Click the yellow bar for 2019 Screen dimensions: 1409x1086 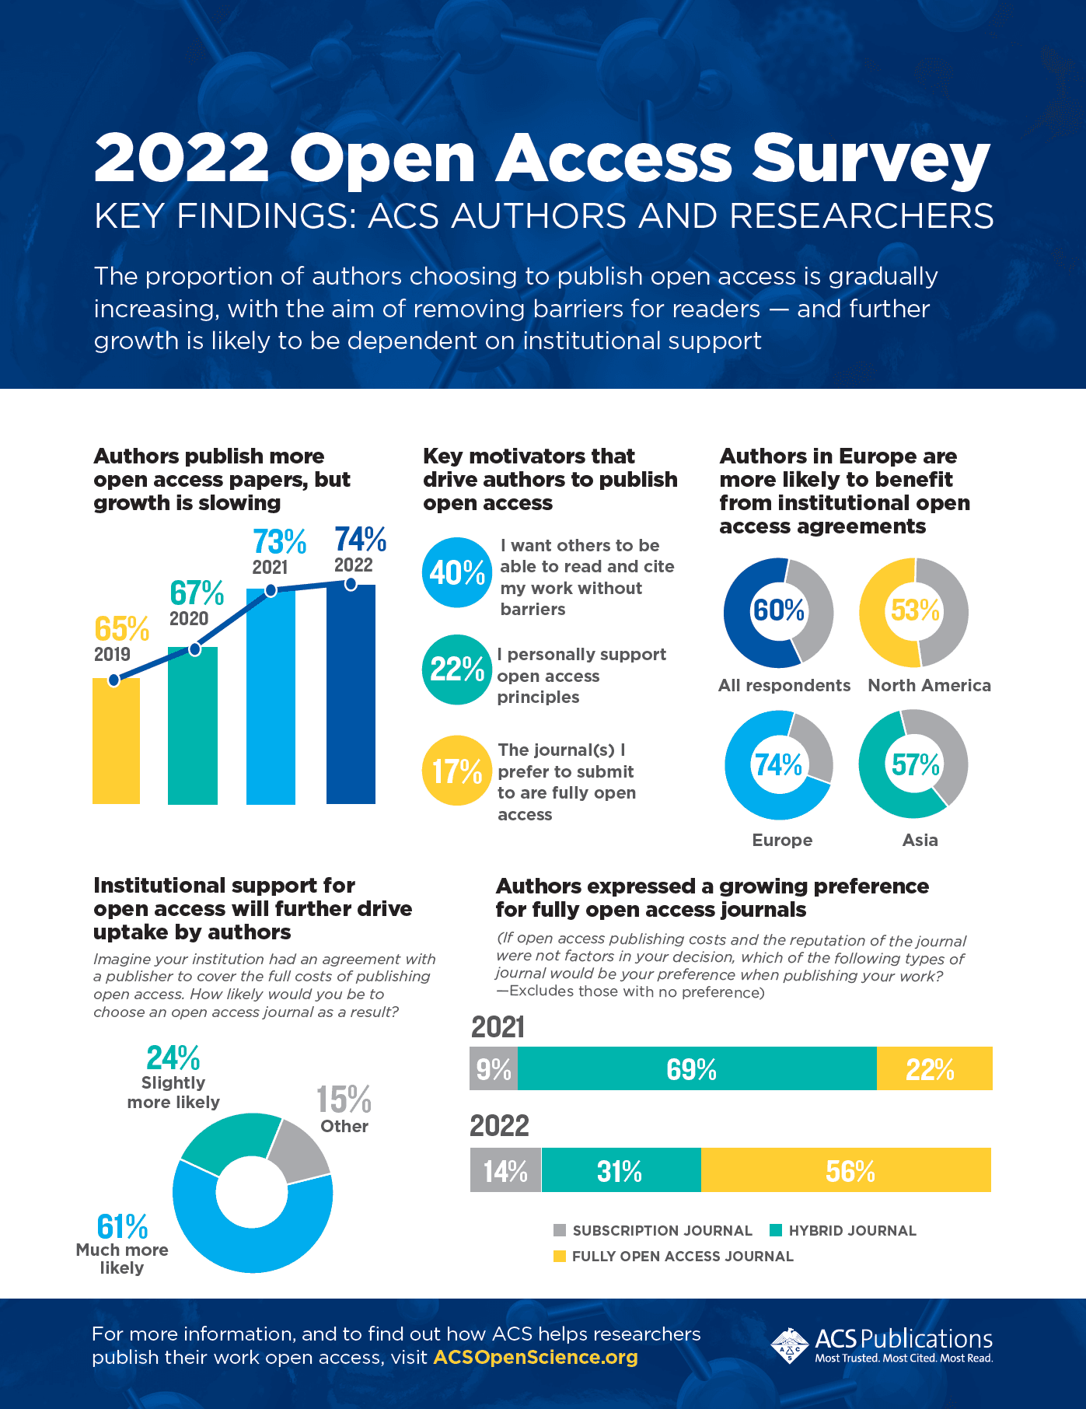tap(116, 743)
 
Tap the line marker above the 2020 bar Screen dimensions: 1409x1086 tap(194, 649)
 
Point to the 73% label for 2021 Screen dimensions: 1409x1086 tap(279, 542)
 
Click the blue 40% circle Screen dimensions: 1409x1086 tap(457, 573)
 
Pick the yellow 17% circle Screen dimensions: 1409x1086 tap(457, 771)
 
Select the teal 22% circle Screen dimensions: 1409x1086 tap(457, 670)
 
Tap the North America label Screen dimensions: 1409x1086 tap(929, 685)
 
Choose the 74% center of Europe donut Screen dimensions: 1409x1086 tap(778, 765)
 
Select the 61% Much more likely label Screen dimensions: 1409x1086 tap(122, 1227)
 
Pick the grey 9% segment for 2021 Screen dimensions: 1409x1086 tap(494, 1069)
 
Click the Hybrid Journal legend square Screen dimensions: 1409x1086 tap(775, 1230)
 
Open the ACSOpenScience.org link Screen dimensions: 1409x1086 tap(536, 1358)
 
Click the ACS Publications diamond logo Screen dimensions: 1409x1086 tap(790, 1345)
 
